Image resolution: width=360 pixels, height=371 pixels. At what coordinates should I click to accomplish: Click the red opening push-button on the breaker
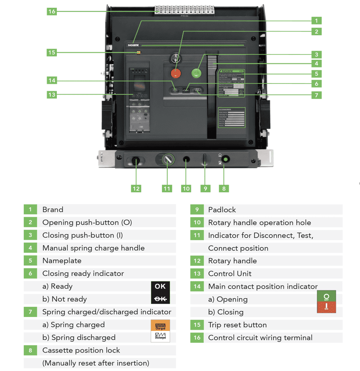(x=175, y=73)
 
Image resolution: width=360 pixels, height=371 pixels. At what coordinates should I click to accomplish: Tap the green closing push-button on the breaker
(x=197, y=73)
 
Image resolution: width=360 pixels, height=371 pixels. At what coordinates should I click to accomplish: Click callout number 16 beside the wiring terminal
(x=52, y=11)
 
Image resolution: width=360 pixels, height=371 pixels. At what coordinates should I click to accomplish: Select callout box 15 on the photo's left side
(x=52, y=52)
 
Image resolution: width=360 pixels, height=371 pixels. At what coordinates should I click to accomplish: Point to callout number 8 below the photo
(x=224, y=188)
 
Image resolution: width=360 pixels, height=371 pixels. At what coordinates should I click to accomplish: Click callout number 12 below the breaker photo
(x=136, y=188)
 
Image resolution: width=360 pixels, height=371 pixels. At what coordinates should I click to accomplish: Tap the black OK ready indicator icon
(x=160, y=286)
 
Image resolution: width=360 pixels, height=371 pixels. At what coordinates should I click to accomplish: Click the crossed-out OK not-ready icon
(x=160, y=299)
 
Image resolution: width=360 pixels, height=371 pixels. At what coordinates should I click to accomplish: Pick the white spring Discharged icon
(x=160, y=337)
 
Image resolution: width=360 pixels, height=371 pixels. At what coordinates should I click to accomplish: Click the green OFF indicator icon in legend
(x=326, y=296)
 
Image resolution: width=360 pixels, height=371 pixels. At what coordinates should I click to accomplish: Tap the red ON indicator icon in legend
(x=326, y=308)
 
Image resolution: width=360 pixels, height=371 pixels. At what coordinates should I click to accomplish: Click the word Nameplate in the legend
(x=62, y=261)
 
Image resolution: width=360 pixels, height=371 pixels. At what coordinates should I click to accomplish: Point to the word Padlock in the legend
(x=222, y=210)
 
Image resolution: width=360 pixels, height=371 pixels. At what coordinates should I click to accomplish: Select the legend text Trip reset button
(x=237, y=325)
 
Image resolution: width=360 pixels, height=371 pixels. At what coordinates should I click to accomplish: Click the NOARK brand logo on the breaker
(x=133, y=45)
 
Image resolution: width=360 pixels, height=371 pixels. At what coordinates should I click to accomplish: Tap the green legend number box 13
(x=197, y=274)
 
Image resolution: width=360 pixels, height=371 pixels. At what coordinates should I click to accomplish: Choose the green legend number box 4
(x=30, y=248)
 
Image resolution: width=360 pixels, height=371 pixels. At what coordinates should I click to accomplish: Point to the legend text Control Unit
(x=229, y=274)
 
